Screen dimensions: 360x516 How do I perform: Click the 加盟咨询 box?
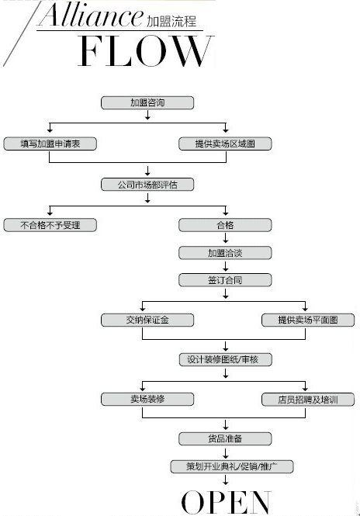[x=147, y=102]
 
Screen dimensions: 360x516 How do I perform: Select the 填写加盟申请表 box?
[x=50, y=144]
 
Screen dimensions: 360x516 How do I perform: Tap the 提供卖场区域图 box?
[x=225, y=144]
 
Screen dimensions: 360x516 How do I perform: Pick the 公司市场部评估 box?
[x=147, y=185]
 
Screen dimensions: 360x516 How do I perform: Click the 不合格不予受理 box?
[x=50, y=225]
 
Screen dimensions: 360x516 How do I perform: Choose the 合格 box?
[x=225, y=225]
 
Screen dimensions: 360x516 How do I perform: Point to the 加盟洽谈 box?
[x=225, y=253]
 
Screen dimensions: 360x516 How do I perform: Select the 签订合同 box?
[x=225, y=280]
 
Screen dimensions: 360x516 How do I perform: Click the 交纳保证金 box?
[x=147, y=320]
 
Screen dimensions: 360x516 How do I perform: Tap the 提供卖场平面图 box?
[x=308, y=320]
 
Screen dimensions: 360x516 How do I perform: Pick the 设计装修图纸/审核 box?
[x=225, y=359]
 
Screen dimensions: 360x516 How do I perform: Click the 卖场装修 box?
[x=147, y=399]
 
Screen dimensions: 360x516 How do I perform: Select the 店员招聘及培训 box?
[x=308, y=400]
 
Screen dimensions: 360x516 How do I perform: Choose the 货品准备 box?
[x=225, y=438]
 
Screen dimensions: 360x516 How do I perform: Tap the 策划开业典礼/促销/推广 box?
[x=232, y=466]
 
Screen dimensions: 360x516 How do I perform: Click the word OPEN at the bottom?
[x=226, y=502]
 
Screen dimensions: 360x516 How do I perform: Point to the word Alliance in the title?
[x=91, y=15]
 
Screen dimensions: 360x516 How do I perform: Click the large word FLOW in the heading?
[x=145, y=51]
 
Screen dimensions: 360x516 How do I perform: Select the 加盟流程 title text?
[x=171, y=22]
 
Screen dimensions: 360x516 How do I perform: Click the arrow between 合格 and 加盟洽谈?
[x=226, y=238]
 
